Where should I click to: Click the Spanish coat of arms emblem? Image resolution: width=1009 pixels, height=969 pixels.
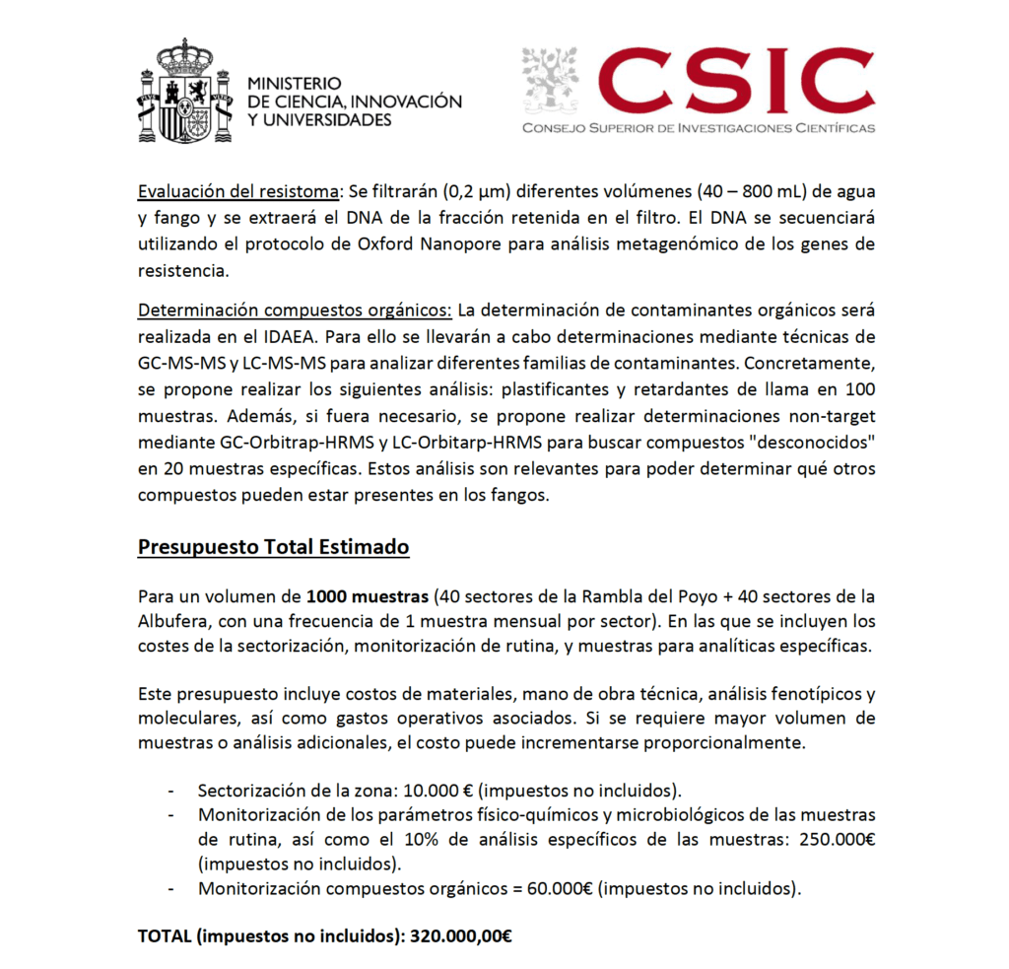(186, 92)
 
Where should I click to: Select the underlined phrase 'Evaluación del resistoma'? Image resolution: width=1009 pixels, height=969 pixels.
(235, 192)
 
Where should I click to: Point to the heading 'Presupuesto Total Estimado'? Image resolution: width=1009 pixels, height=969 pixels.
(273, 546)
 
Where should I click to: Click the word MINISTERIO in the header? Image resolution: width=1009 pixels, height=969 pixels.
(295, 85)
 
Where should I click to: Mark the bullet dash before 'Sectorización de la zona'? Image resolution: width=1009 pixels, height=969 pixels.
(173, 791)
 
